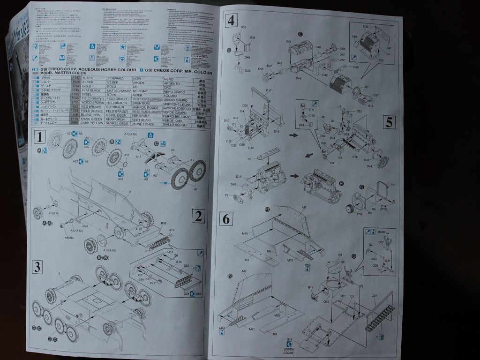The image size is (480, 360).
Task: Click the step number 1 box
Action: [x=40, y=137]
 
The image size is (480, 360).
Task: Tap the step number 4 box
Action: [x=231, y=21]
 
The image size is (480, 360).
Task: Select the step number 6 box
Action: [x=226, y=218]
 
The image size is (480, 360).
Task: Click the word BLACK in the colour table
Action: [x=88, y=77]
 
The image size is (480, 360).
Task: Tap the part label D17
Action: [x=269, y=90]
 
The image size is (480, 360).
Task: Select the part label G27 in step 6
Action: [x=374, y=296]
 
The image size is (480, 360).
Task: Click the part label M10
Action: [x=245, y=233]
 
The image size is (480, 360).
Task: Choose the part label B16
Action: [x=310, y=287]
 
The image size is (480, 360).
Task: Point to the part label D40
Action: [x=247, y=57]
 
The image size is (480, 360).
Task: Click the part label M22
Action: [x=277, y=315]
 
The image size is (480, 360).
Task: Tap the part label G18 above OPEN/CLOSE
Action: [x=289, y=339]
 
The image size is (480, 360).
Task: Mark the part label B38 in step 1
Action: [x=164, y=223]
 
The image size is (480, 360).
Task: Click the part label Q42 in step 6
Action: [x=325, y=302]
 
